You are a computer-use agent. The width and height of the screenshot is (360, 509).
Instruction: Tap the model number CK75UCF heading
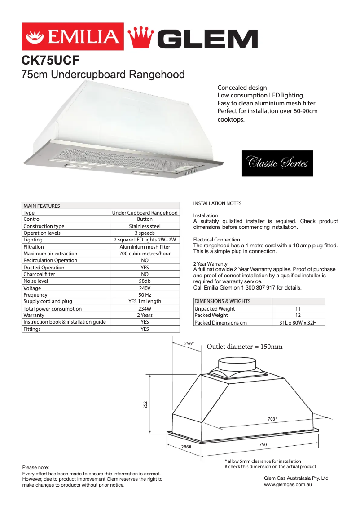pyautogui.click(x=50, y=61)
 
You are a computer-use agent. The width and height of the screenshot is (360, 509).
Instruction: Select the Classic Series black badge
pyautogui.click(x=277, y=163)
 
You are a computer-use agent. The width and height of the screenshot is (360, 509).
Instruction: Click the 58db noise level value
pyautogui.click(x=145, y=281)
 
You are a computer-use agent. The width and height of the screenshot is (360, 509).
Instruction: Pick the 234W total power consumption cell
pyautogui.click(x=145, y=309)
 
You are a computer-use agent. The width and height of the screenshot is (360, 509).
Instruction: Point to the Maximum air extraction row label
pyautogui.click(x=50, y=254)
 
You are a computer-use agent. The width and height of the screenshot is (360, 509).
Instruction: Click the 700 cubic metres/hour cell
pyautogui.click(x=145, y=254)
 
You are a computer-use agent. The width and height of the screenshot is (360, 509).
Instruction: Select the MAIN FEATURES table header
pyautogui.click(x=42, y=206)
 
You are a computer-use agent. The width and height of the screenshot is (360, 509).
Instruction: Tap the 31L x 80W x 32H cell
pyautogui.click(x=298, y=323)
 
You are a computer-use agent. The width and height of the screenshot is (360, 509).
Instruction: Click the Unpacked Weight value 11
pyautogui.click(x=298, y=309)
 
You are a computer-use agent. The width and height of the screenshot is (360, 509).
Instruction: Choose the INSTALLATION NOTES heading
pyautogui.click(x=217, y=203)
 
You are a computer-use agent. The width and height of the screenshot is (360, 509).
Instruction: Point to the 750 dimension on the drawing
pyautogui.click(x=263, y=445)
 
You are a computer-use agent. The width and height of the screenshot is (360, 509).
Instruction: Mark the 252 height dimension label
pyautogui.click(x=145, y=404)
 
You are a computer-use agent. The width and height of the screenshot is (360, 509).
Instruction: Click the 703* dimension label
pyautogui.click(x=272, y=419)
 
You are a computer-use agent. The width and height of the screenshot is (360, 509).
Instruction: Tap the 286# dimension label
pyautogui.click(x=186, y=447)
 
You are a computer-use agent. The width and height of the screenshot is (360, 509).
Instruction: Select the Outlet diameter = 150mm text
pyautogui.click(x=245, y=347)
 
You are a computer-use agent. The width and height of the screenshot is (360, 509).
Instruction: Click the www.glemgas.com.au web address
pyautogui.click(x=288, y=485)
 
